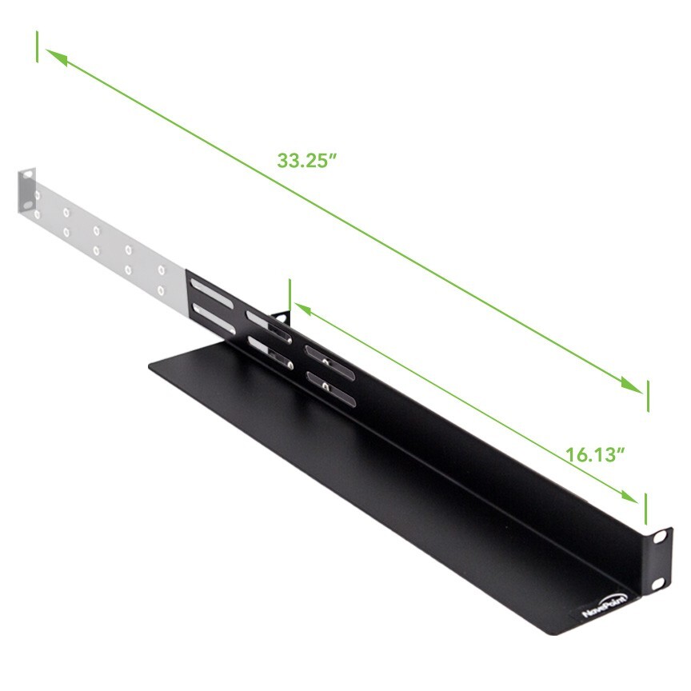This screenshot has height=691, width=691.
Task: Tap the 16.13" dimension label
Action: point(595,455)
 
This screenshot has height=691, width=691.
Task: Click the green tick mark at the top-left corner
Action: point(37,46)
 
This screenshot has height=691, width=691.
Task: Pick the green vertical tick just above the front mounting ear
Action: point(645,509)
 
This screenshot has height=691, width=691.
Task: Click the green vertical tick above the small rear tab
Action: point(290,294)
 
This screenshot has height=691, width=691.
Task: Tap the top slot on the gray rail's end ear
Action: point(28,175)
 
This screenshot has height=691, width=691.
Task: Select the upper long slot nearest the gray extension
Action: point(211,288)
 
